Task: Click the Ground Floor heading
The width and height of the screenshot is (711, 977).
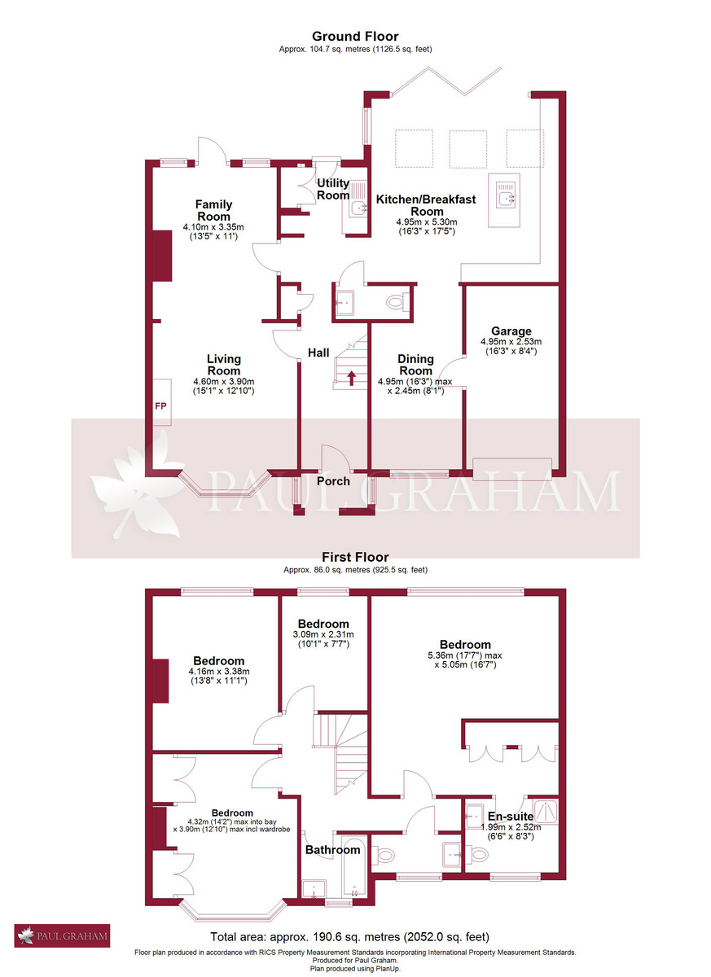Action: point(355,36)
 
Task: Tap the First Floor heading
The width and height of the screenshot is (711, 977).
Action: point(355,557)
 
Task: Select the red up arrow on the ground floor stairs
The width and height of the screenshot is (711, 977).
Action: point(351,377)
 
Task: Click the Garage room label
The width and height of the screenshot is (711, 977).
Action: point(511,331)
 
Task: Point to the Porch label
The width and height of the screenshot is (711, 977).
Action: point(333,481)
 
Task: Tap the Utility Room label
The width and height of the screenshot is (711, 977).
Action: point(333,189)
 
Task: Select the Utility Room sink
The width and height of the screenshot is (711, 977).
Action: point(357,209)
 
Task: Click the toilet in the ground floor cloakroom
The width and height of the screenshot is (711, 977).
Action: point(397,303)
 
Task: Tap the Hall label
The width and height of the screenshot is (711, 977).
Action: point(318,353)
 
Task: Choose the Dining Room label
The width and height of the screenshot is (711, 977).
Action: point(415,365)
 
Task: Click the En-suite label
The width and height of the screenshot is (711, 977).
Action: point(510,816)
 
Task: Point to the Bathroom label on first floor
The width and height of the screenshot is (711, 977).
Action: point(332,850)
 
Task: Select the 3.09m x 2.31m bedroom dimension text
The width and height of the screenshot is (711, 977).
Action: point(323,634)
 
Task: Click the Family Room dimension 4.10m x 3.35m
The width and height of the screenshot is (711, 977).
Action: point(213,227)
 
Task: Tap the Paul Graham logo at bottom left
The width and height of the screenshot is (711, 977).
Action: point(62,935)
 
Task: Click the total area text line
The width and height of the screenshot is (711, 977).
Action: point(350,936)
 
